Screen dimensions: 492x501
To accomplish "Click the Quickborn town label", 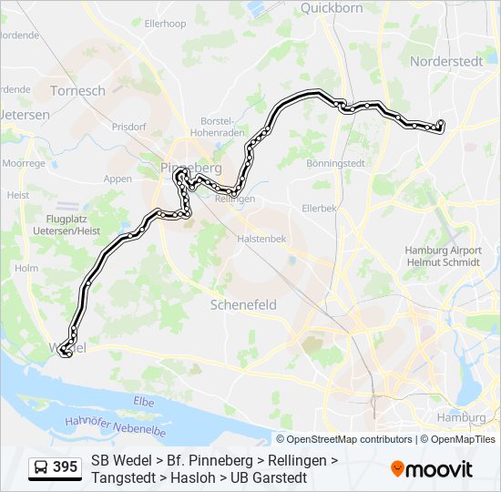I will (332, 8).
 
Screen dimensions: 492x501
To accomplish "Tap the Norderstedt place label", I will (446, 62).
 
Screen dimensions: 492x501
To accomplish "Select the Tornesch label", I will (77, 91).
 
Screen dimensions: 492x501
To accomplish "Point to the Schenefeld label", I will (243, 305).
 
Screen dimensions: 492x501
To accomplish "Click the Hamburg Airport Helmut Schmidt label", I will (444, 257).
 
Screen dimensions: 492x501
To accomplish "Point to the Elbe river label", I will (144, 401).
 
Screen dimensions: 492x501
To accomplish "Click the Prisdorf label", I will (128, 127).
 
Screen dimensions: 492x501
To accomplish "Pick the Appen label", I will (118, 179).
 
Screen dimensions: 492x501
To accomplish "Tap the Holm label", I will (26, 268).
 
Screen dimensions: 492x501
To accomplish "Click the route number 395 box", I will (65, 467).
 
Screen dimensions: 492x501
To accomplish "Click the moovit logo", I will (432, 468).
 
